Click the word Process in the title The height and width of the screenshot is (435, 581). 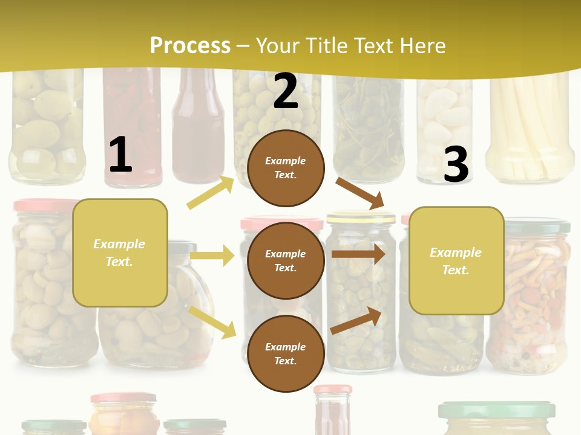(190, 46)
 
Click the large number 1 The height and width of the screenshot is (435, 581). (120, 155)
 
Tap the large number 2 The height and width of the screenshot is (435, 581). (286, 92)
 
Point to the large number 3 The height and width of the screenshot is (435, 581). (456, 164)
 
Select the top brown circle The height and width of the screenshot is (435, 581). (286, 167)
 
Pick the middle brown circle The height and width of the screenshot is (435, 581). (286, 260)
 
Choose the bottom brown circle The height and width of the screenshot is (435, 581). (286, 353)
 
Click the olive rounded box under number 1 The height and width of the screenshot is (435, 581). (120, 253)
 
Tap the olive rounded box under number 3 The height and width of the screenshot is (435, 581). (456, 260)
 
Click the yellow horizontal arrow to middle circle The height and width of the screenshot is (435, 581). (212, 256)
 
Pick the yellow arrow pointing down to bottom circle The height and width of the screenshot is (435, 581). (212, 321)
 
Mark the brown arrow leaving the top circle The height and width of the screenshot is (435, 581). (361, 193)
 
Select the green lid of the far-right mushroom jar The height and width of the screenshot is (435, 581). (536, 226)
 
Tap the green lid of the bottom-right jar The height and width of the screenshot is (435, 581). (496, 410)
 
